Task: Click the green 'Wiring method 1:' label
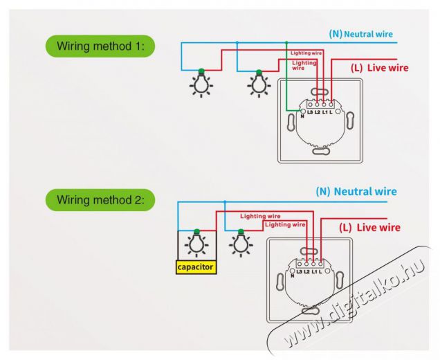(100, 46)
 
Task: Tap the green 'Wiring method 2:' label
(100, 200)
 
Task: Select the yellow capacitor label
(196, 266)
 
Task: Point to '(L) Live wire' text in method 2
(370, 227)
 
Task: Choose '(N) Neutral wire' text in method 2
(356, 190)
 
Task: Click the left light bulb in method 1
(201, 82)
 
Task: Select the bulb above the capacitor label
(196, 244)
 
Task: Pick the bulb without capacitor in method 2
(241, 242)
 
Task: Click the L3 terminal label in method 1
(310, 111)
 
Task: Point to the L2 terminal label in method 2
(306, 270)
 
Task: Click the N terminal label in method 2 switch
(292, 275)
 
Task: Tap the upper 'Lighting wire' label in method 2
(260, 216)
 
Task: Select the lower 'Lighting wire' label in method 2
(285, 224)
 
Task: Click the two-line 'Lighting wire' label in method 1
(304, 65)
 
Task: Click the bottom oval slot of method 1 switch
(320, 152)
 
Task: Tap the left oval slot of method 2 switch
(280, 283)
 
